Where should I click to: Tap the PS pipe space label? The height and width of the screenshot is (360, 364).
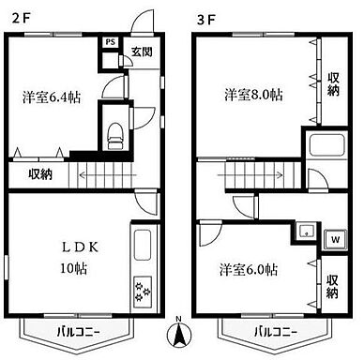(x=110, y=43)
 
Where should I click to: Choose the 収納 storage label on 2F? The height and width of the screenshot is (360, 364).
(x=40, y=173)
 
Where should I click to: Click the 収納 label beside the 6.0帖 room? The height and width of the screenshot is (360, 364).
(x=334, y=286)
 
